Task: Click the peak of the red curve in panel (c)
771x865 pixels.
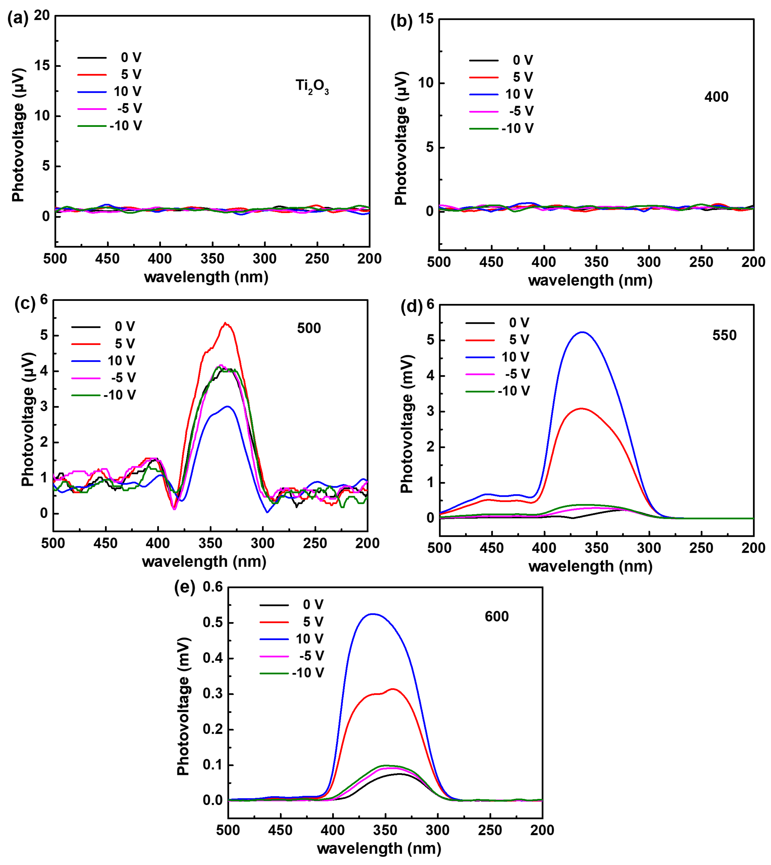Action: point(226,323)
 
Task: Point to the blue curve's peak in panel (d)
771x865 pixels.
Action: point(583,332)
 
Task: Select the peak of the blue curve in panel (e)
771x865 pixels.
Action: point(373,614)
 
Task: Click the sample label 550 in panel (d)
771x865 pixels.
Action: point(724,335)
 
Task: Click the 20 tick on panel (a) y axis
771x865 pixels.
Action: point(42,16)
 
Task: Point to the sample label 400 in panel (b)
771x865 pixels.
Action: point(716,97)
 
